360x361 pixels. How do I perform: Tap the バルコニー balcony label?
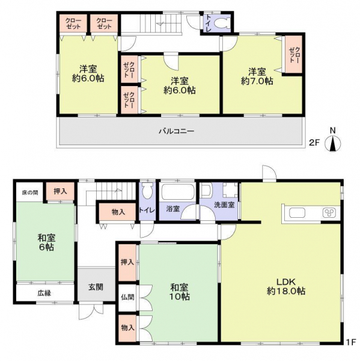pyautogui.click(x=177, y=131)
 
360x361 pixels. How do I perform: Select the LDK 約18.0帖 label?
pyautogui.click(x=286, y=286)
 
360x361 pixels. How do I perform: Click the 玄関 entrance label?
pyautogui.click(x=96, y=287)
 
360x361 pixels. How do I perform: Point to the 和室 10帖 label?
pyautogui.click(x=180, y=292)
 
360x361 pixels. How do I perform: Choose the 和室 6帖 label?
pyautogui.click(x=46, y=242)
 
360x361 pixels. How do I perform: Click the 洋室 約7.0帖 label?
pyautogui.click(x=257, y=76)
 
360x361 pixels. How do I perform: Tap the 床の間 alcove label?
pyautogui.click(x=30, y=193)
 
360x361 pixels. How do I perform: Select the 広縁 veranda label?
pyautogui.click(x=44, y=293)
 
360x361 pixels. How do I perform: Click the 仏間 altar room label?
pyautogui.click(x=127, y=297)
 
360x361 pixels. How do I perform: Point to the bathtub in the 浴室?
pyautogui.click(x=177, y=192)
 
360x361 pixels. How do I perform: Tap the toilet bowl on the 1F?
pyautogui.click(x=147, y=190)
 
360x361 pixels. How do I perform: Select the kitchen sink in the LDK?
pyautogui.click(x=297, y=213)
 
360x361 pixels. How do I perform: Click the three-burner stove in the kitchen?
pyautogui.click(x=329, y=213)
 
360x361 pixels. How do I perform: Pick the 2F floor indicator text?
pyautogui.click(x=314, y=143)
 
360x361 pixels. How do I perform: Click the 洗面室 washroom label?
pyautogui.click(x=224, y=205)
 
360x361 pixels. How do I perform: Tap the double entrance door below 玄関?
pyautogui.click(x=91, y=311)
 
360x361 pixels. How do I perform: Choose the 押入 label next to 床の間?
pyautogui.click(x=60, y=191)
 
